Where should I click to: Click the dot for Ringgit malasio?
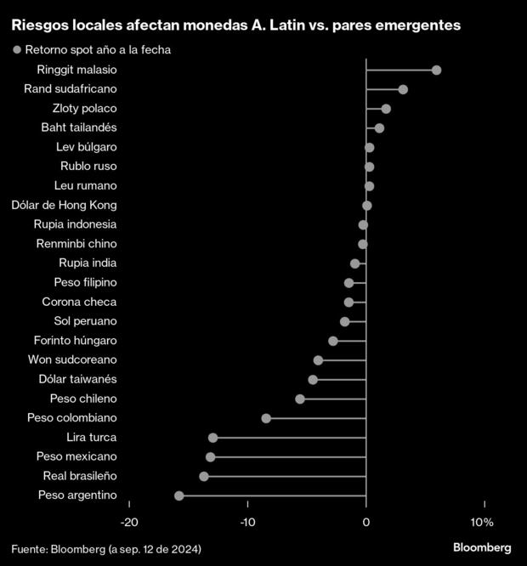click(x=436, y=70)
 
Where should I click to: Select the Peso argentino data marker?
click(x=178, y=495)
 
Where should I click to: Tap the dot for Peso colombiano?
click(x=266, y=418)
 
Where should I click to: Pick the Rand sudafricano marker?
click(x=403, y=89)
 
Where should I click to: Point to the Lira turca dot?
click(x=212, y=438)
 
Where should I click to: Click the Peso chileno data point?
click(x=299, y=399)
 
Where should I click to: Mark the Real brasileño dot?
click(x=203, y=476)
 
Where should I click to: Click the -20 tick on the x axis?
click(x=129, y=521)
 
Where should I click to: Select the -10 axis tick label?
click(x=247, y=521)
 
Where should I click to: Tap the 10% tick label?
click(x=482, y=521)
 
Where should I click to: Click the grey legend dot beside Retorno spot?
click(x=16, y=50)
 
